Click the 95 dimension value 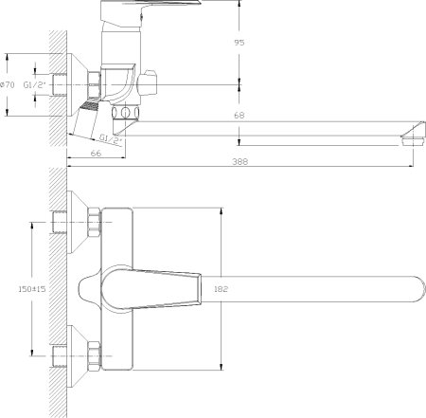click(x=240, y=43)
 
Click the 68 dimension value click(x=240, y=116)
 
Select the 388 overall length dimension click(x=240, y=161)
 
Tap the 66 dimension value click(x=96, y=154)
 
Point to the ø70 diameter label click(x=8, y=84)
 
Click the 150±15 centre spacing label click(x=32, y=289)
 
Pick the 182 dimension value click(x=221, y=289)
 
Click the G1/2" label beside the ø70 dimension click(x=35, y=84)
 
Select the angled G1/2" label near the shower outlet click(x=111, y=138)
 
